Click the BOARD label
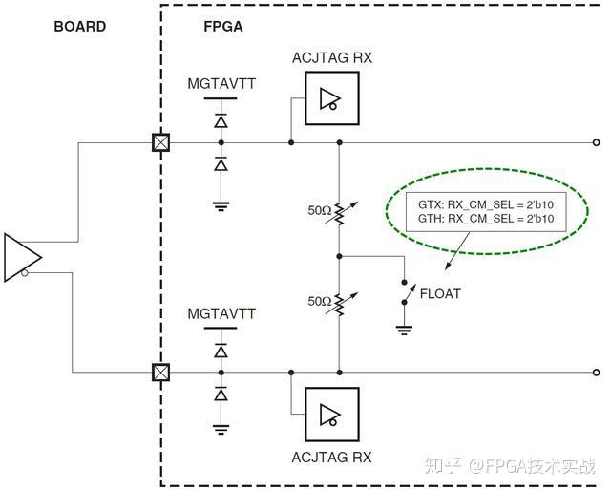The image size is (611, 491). coord(80,26)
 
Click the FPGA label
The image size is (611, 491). coord(222,26)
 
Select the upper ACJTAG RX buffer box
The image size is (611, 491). coord(331,98)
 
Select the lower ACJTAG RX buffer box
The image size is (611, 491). coord(331,414)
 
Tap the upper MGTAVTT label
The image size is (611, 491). coord(221,85)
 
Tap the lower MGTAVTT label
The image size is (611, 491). coord(221,313)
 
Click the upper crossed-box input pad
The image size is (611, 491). coord(161,143)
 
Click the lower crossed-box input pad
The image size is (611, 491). coord(161,372)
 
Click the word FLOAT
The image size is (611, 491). coord(440,294)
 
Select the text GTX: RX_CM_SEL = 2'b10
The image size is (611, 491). coord(487,203)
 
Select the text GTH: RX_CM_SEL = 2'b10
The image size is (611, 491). coord(487,220)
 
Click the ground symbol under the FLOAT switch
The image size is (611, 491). coord(405,329)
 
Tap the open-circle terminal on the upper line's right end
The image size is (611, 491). coord(597,143)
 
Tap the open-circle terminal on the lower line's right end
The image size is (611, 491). coord(597,372)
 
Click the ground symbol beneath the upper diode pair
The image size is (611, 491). coord(221,202)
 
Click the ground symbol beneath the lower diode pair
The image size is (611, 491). coord(221,429)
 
